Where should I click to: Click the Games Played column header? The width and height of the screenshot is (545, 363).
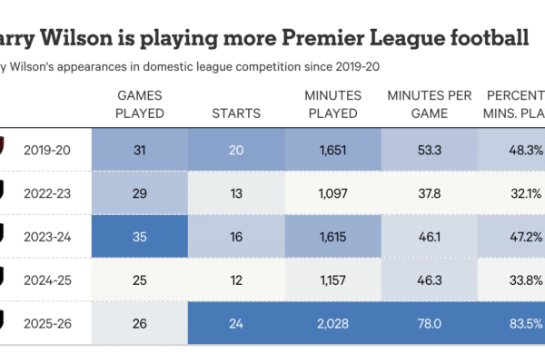(140, 104)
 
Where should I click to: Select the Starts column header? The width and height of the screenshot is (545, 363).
(235, 113)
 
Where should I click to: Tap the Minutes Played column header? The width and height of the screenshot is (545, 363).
(332, 104)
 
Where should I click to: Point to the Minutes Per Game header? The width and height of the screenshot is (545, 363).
(430, 104)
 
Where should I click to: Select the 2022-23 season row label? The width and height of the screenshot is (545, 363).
(46, 192)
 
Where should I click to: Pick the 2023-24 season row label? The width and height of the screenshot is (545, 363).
(46, 236)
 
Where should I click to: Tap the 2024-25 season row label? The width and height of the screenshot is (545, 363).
(46, 279)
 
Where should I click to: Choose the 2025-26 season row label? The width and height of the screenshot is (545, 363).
(46, 322)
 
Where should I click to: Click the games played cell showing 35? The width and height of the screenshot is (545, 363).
(140, 236)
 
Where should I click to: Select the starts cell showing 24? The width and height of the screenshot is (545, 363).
(235, 322)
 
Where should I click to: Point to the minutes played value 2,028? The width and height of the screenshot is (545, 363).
(332, 322)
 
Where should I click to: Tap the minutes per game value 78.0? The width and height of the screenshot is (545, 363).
(430, 322)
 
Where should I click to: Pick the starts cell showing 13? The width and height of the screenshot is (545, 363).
(235, 192)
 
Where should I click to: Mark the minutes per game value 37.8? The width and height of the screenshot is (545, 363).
(430, 192)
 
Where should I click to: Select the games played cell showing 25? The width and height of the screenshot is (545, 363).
(140, 279)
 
